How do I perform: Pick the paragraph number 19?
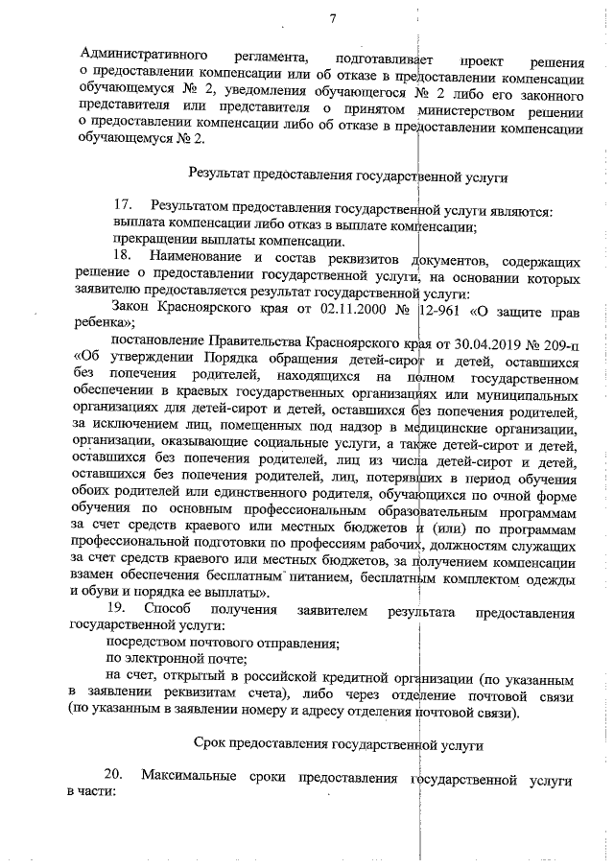123,611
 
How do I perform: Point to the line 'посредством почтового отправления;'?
223,643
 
